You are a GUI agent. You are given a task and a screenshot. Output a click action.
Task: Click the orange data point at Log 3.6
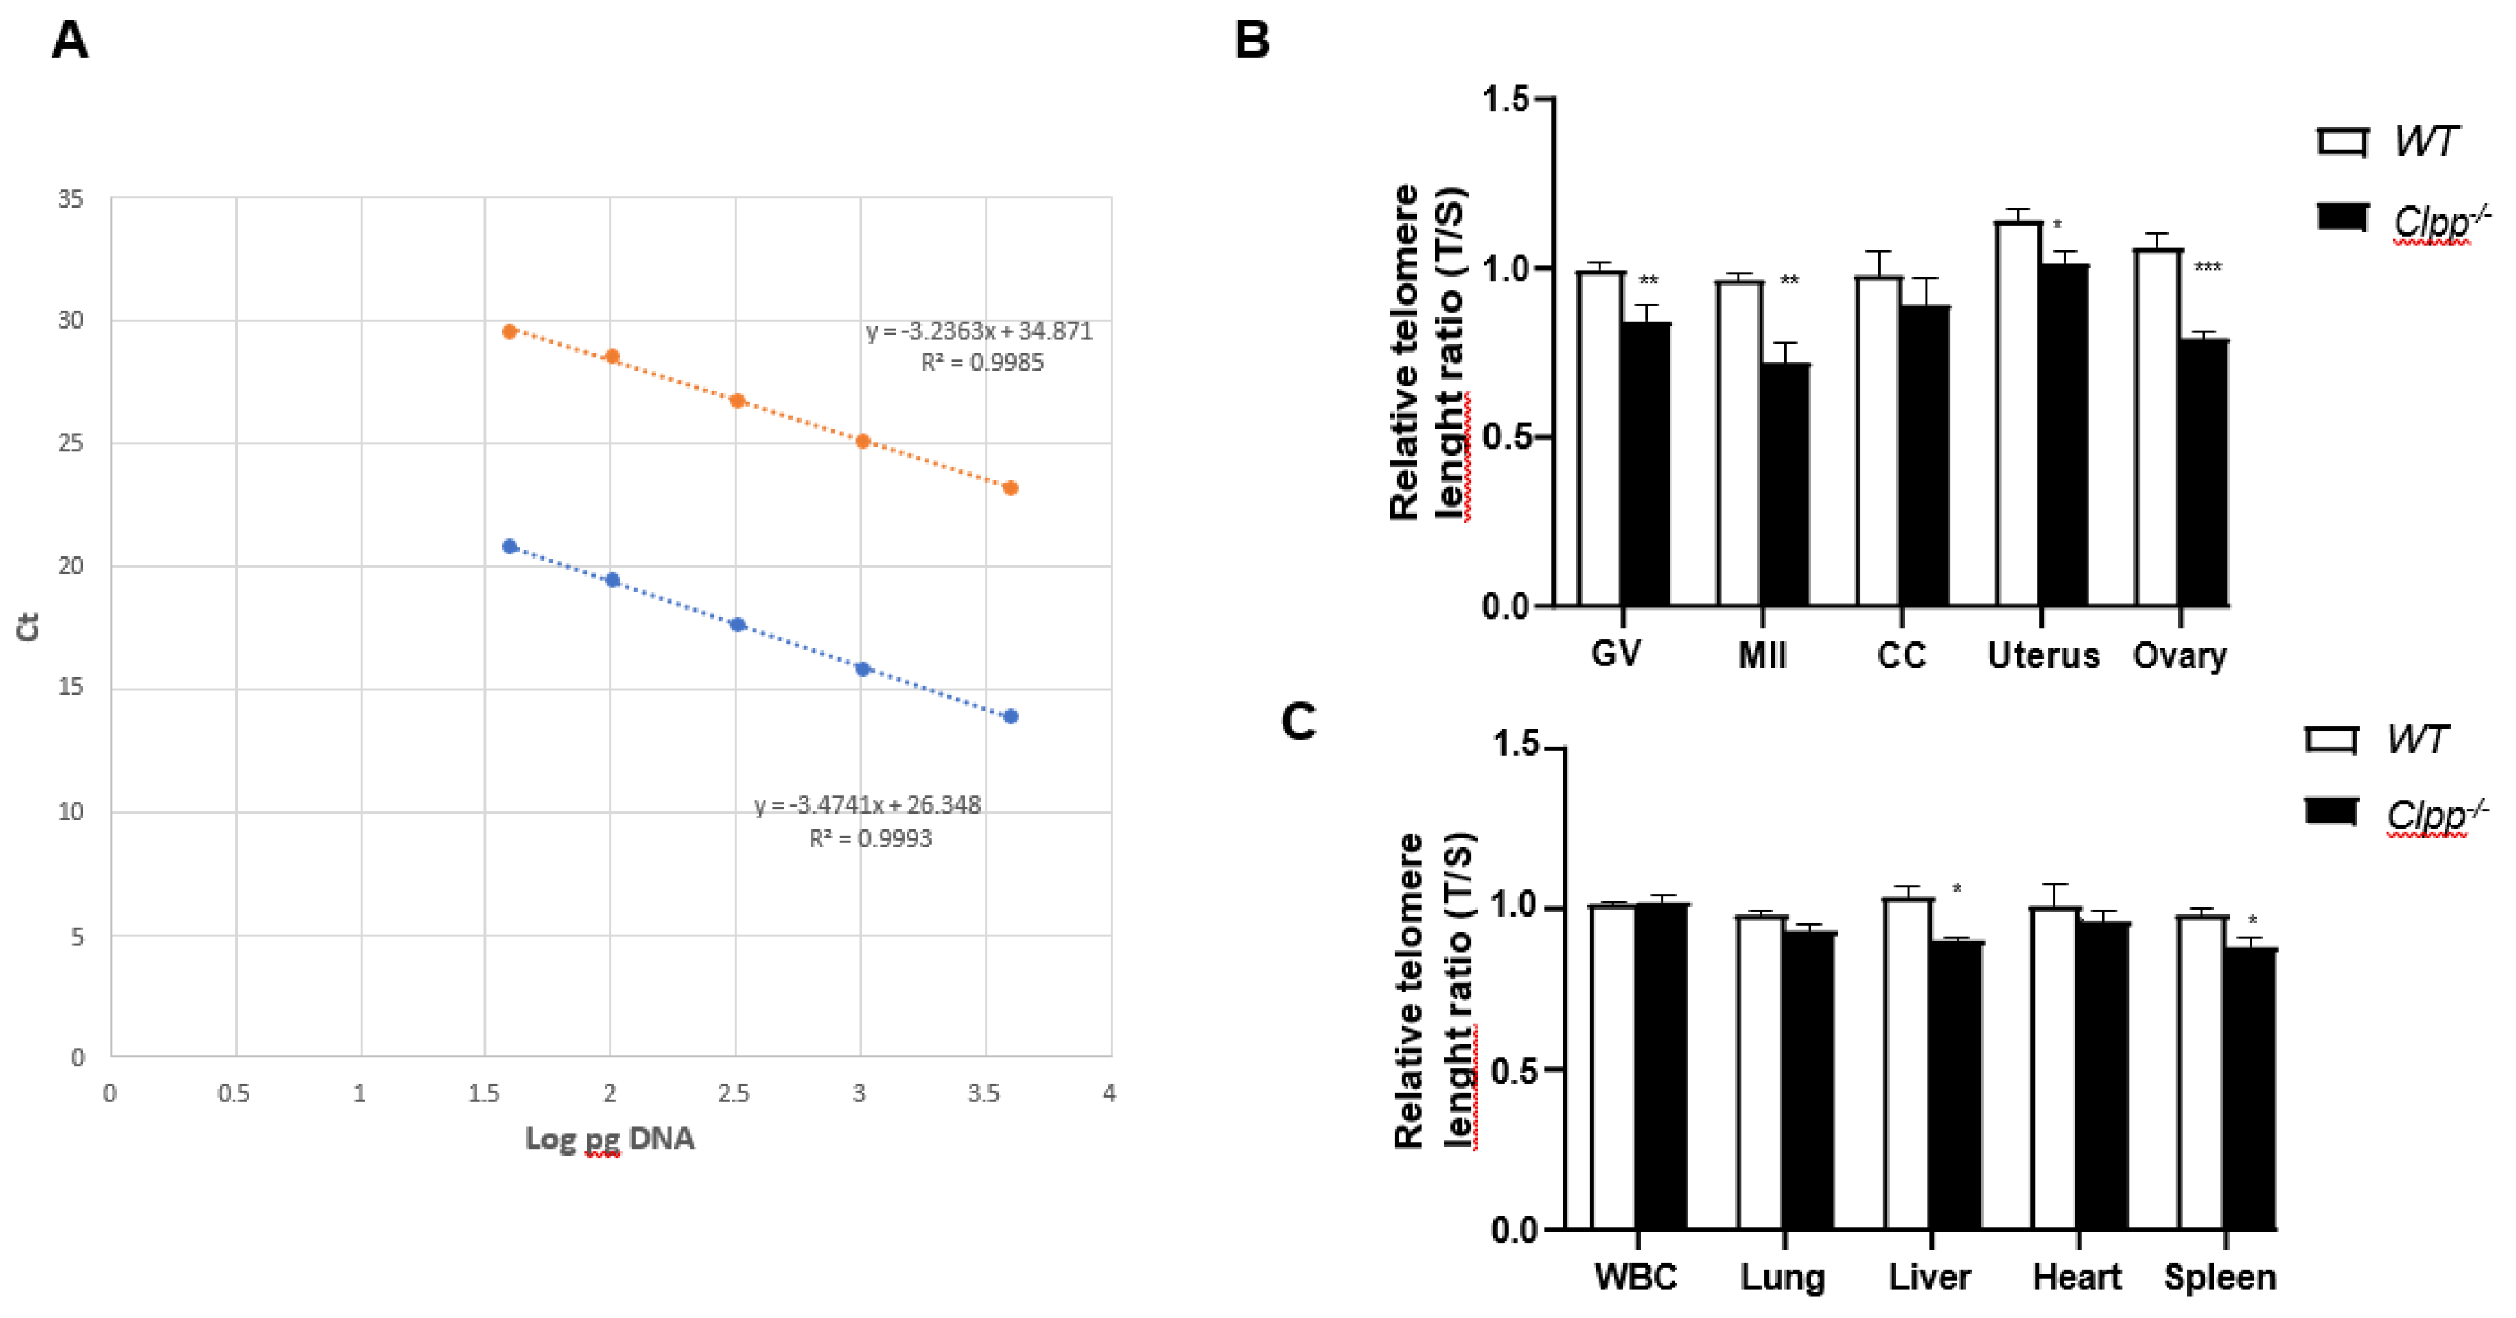pos(1011,488)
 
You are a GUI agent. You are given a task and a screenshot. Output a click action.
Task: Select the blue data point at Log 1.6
pos(510,547)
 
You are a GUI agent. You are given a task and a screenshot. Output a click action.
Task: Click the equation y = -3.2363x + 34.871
pos(979,331)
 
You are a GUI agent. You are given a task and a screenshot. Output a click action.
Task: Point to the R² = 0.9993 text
pos(869,838)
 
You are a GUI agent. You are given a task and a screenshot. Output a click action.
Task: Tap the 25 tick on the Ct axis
pos(71,444)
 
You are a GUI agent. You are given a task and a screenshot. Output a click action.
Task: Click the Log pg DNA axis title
pos(610,1138)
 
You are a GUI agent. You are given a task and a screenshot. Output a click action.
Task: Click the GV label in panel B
pos(1617,653)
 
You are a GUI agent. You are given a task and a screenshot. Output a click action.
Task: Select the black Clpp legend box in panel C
pos(2332,811)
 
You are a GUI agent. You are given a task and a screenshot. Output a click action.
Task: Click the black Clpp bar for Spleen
pos(2251,1089)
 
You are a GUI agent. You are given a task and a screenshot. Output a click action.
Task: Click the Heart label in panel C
pos(2076,1277)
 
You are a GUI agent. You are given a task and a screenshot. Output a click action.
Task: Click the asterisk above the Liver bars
pos(1957,889)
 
